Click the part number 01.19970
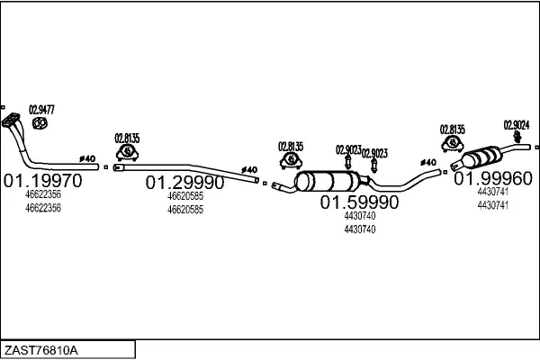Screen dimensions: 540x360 click(x=42, y=181)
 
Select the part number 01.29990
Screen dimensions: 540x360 click(x=184, y=183)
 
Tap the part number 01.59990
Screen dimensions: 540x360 click(x=359, y=202)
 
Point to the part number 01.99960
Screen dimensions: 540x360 click(x=493, y=178)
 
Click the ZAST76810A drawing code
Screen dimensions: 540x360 click(x=41, y=350)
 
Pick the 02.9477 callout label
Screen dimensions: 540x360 click(x=41, y=110)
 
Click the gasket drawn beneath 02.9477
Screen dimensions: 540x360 click(x=40, y=123)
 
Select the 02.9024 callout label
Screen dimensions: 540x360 click(x=517, y=125)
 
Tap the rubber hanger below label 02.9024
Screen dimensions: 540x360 click(x=517, y=137)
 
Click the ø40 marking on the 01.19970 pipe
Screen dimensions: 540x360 click(x=87, y=158)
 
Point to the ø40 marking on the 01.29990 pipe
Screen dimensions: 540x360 click(x=249, y=170)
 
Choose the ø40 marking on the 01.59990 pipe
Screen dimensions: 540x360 click(x=428, y=162)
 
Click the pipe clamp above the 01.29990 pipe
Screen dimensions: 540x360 click(x=127, y=153)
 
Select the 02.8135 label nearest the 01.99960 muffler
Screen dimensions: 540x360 click(x=452, y=130)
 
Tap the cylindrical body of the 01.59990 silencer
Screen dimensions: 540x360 click(x=328, y=181)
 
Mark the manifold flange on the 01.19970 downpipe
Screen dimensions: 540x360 click(x=10, y=120)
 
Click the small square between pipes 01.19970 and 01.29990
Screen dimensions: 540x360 click(x=106, y=167)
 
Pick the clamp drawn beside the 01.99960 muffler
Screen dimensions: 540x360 click(x=453, y=144)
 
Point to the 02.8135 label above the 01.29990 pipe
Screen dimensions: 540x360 click(x=127, y=139)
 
